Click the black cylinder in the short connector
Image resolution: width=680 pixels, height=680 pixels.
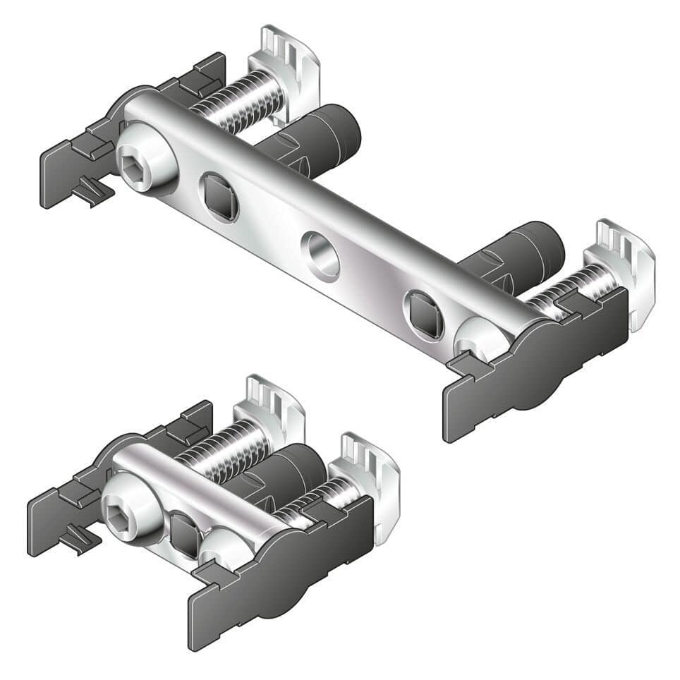point(289,480)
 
